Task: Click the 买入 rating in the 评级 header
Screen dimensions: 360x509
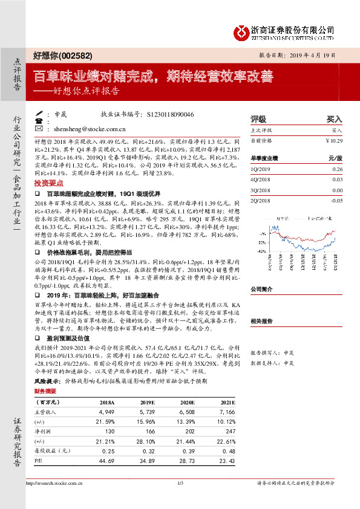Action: pyautogui.click(x=334, y=119)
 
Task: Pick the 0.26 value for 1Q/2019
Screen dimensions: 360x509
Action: pyautogui.click(x=337, y=169)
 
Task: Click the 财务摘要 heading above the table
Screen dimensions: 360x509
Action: pyautogui.click(x=46, y=392)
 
